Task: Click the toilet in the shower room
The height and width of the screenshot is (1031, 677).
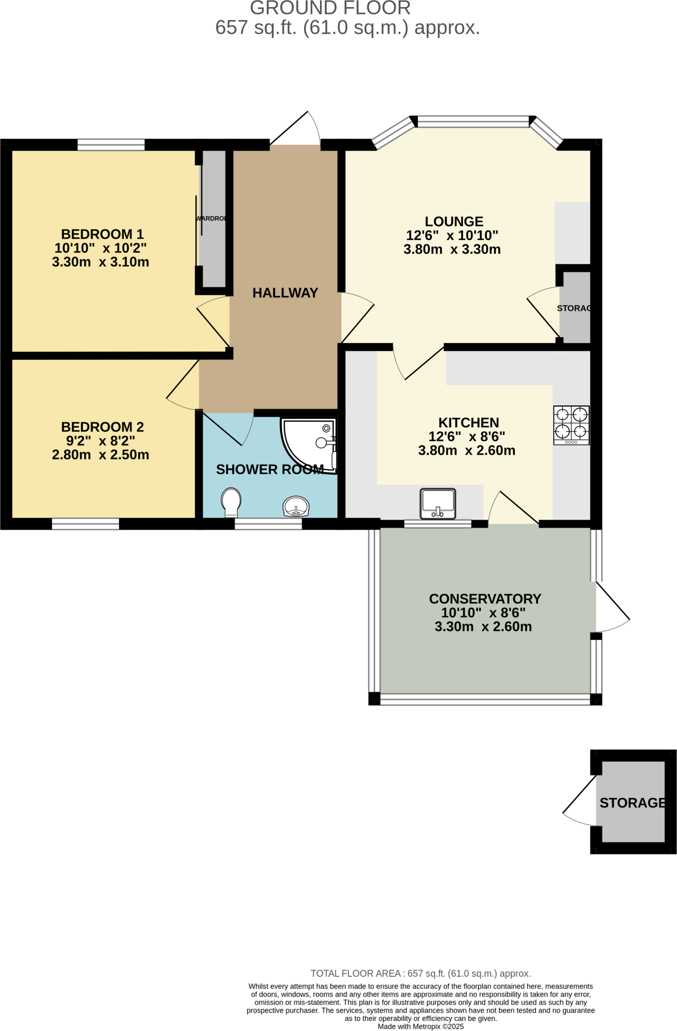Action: click(231, 502)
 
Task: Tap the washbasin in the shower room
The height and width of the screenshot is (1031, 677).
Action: click(296, 506)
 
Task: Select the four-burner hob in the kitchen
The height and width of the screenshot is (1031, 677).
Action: click(571, 425)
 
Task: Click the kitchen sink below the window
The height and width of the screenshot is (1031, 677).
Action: click(438, 503)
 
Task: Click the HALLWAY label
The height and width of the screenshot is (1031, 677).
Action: click(285, 293)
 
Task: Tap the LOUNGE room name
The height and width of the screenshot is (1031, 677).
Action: click(454, 222)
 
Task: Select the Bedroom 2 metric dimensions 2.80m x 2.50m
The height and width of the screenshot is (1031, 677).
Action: click(101, 455)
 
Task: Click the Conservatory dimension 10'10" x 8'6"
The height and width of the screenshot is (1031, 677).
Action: click(483, 613)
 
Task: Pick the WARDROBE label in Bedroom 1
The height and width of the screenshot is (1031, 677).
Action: click(211, 218)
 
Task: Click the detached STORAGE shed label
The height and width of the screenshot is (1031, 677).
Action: click(632, 803)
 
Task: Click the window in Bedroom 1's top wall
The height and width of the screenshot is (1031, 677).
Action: click(111, 145)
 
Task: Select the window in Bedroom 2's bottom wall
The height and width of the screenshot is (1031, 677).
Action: click(86, 524)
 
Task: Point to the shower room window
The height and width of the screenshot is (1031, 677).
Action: click(268, 524)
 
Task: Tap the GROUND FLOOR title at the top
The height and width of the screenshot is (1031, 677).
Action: click(330, 8)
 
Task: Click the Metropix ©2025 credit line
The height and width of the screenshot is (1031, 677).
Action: click(421, 1026)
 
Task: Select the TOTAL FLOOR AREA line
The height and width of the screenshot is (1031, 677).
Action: click(421, 974)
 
